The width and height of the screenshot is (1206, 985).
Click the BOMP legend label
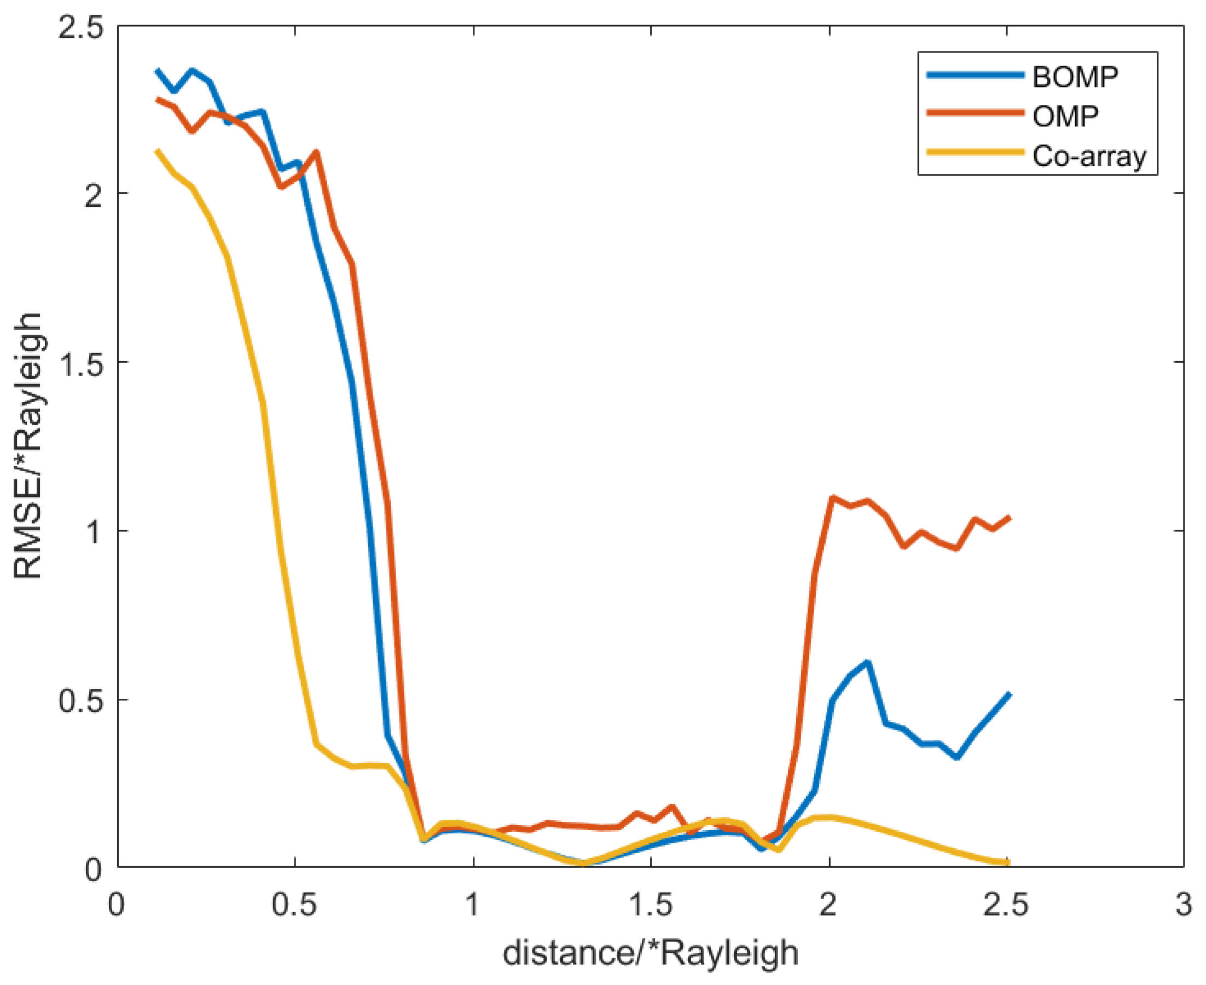point(1074,77)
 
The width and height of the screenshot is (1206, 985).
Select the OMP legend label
point(1065,117)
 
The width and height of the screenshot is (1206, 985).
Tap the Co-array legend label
point(1088,155)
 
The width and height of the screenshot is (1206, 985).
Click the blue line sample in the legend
point(976,75)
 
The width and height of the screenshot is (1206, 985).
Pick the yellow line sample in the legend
point(976,153)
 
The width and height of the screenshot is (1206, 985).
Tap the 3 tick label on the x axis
point(1182,905)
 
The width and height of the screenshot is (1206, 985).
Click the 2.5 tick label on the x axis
point(1005,905)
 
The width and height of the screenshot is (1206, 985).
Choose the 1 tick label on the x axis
point(472,905)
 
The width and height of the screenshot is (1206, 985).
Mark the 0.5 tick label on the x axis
point(294,905)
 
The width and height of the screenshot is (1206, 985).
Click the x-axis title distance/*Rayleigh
point(650,953)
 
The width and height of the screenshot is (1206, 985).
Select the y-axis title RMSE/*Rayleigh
point(28,446)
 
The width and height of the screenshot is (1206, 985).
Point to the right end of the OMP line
point(1009,518)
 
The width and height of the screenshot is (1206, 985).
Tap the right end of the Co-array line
point(1009,863)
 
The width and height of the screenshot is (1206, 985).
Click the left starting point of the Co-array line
point(158,150)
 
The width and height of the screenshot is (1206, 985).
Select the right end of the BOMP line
point(1009,694)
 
